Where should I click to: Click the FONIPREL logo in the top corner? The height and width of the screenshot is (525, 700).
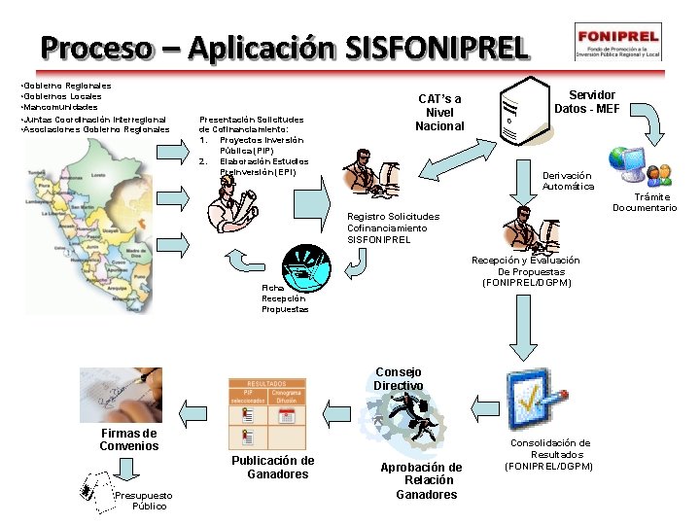pyautogui.click(x=617, y=43)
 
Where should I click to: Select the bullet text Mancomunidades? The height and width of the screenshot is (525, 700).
pyautogui.click(x=59, y=107)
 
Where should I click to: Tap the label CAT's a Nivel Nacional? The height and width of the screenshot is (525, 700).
pyautogui.click(x=439, y=113)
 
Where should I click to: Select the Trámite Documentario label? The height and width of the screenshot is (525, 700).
pyautogui.click(x=645, y=202)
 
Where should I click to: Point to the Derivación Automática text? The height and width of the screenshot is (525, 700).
pyautogui.click(x=568, y=181)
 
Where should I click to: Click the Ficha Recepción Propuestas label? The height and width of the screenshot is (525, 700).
pyautogui.click(x=284, y=298)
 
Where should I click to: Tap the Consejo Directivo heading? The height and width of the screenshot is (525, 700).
pyautogui.click(x=398, y=378)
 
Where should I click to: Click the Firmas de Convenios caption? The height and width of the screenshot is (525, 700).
pyautogui.click(x=128, y=439)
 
